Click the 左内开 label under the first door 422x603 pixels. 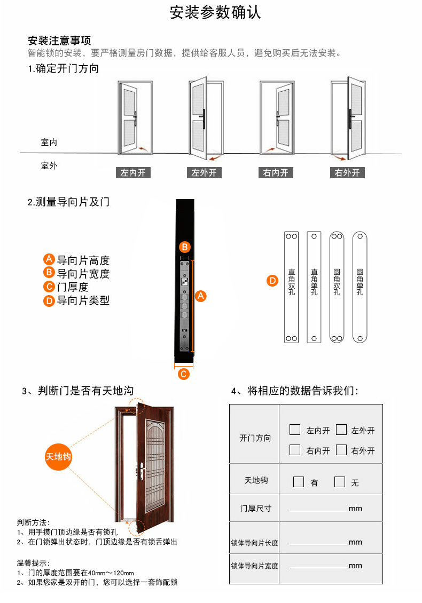point(133,173)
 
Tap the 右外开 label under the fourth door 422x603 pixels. point(347,173)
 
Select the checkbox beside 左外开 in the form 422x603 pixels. point(341,430)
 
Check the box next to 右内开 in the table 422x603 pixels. point(294,449)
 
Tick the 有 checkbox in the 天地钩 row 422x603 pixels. point(299,482)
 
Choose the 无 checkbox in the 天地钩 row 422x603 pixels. point(340,482)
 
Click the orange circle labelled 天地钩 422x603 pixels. point(58,457)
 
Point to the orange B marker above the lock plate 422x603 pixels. point(185,247)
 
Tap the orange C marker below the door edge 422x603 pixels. point(184,374)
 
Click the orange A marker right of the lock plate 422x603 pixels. point(201,296)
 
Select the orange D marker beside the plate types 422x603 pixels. point(272,281)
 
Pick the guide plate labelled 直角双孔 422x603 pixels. point(292,287)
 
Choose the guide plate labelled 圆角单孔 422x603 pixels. point(360,287)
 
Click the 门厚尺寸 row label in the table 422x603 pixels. point(256,509)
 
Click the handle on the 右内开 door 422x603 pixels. point(277,118)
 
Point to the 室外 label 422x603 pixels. point(49,166)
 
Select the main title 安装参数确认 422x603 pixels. point(215,12)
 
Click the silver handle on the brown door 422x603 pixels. point(142,471)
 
